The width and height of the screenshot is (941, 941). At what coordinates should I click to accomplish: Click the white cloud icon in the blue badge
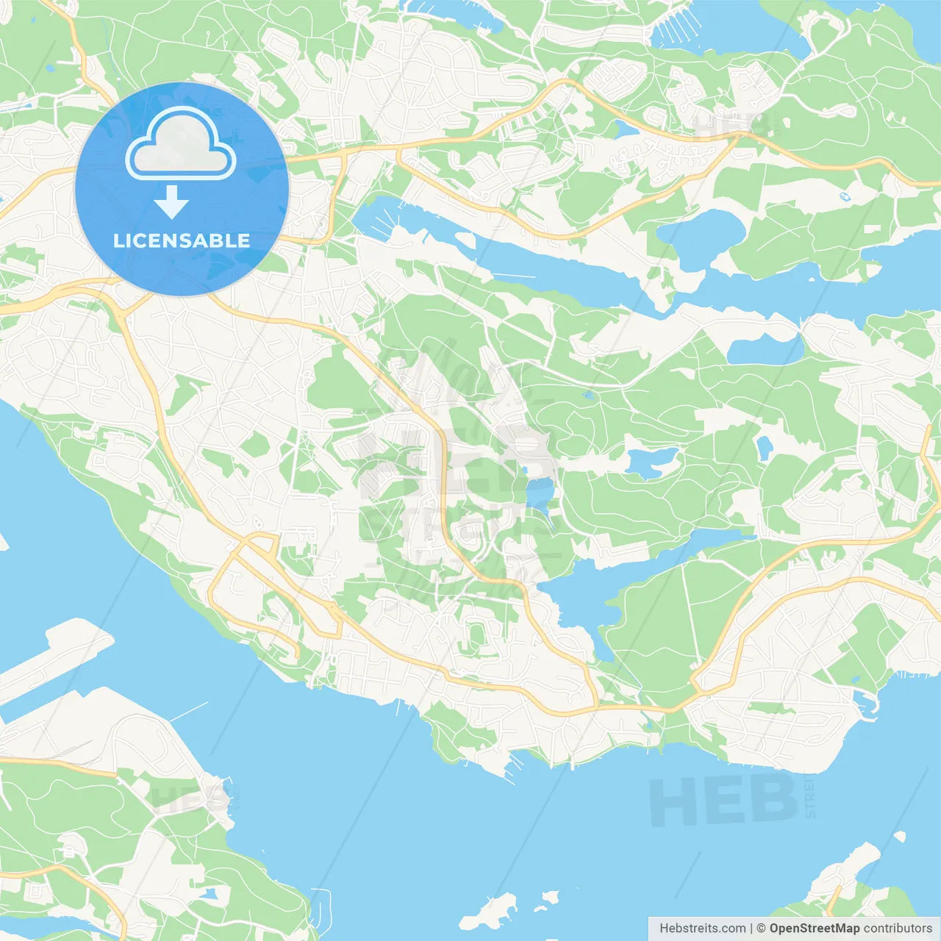181,144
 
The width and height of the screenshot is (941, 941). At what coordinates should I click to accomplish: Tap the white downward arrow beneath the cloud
172,202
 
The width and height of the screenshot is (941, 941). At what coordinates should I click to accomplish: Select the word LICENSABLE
182,240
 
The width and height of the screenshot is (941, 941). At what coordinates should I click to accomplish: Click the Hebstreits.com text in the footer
703,929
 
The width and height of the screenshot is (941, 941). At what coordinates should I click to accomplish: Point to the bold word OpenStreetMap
815,929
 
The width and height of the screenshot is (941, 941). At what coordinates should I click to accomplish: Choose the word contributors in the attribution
898,929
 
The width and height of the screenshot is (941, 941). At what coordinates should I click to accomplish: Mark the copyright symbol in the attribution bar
762,929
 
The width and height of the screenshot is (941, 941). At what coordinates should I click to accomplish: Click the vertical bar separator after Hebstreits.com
751,929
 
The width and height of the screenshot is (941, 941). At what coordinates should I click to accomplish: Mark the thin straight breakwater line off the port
190,711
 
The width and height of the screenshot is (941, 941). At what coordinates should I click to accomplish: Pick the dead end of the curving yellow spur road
297,656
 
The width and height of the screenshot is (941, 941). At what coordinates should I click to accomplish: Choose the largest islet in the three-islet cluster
488,912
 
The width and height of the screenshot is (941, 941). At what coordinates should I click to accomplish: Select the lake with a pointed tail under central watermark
540,493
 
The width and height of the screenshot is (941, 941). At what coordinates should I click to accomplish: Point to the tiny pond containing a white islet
844,197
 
